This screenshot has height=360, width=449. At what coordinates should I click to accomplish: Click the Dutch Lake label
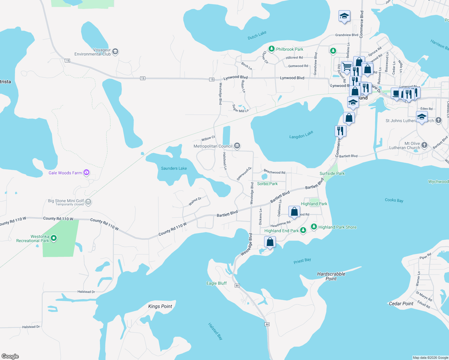click(257, 35)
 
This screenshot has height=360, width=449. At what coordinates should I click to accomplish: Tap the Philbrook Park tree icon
click(272, 49)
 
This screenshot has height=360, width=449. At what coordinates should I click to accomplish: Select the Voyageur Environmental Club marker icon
click(115, 52)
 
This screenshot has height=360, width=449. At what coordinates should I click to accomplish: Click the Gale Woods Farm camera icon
click(87, 172)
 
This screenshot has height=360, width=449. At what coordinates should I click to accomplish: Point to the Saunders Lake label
click(174, 168)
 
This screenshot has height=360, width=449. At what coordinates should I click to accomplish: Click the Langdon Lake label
click(301, 135)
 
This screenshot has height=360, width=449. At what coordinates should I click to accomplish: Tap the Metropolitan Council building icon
click(237, 146)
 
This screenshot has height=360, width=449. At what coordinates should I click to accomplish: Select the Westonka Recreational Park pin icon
click(54, 238)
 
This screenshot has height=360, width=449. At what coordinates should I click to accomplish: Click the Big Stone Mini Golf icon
click(88, 202)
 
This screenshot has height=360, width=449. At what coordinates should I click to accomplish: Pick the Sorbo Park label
click(267, 184)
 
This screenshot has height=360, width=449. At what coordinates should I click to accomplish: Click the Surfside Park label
click(332, 173)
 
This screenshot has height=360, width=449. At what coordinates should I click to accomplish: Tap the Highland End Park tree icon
click(303, 230)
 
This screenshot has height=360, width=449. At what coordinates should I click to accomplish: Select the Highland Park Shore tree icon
click(314, 227)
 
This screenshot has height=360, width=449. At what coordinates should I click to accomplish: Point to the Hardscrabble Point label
click(331, 276)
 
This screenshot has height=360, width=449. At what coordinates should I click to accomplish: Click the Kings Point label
click(160, 306)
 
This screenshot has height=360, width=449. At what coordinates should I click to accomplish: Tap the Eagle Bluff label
click(216, 283)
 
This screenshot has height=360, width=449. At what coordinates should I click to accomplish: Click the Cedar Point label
click(401, 304)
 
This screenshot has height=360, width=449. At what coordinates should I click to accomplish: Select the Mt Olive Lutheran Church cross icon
click(424, 145)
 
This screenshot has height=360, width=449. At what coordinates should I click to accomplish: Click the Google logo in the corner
click(10, 356)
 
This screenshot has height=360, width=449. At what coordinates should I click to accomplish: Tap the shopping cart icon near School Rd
click(347, 67)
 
